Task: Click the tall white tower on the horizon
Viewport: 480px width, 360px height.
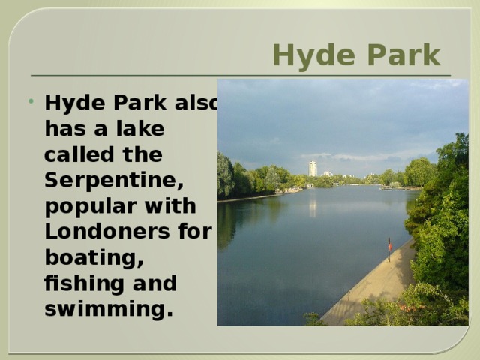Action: (x=313, y=169)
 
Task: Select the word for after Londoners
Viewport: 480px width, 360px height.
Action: (x=196, y=232)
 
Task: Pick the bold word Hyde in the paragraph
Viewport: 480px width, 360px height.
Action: (x=71, y=103)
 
